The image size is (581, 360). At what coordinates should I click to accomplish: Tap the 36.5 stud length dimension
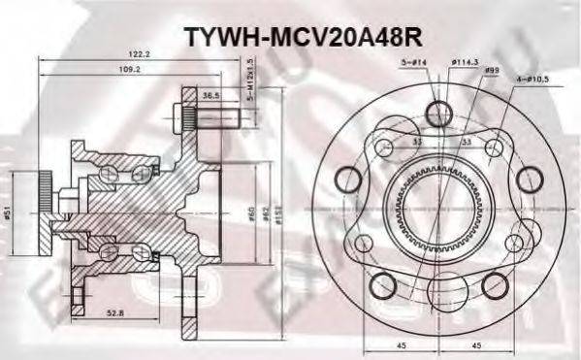(x=209, y=96)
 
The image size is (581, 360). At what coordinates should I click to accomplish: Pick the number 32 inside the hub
(x=416, y=140)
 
